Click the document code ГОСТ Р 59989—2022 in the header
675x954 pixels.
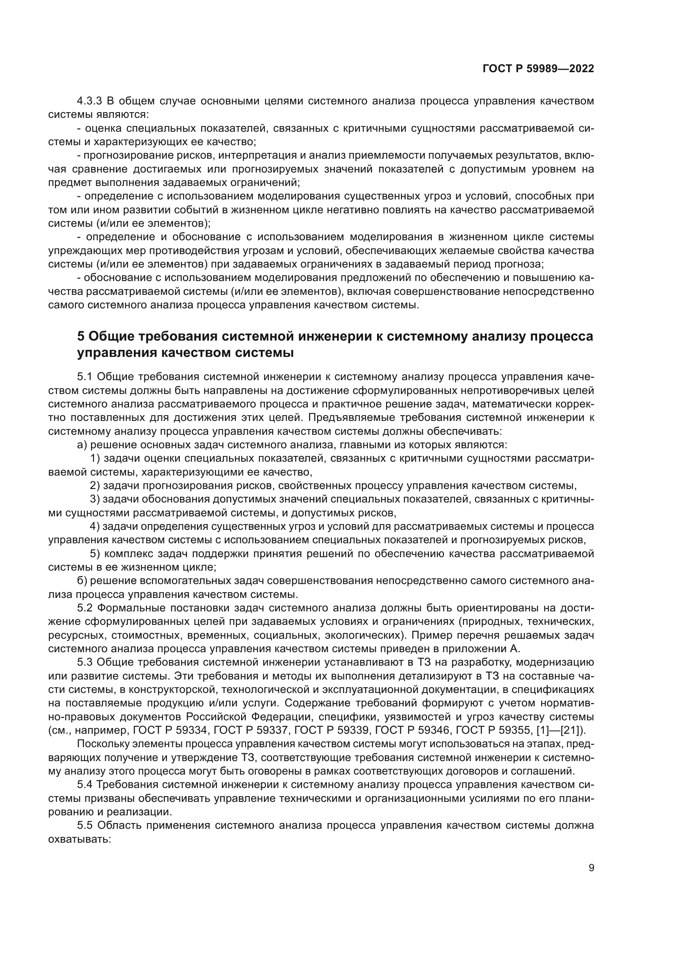click(x=538, y=69)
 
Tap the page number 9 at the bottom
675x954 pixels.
click(x=591, y=868)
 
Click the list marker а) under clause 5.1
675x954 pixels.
click(x=82, y=445)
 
